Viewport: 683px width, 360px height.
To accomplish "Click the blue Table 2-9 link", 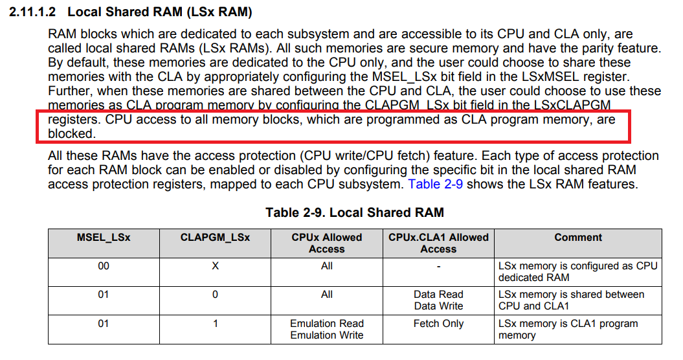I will click(x=437, y=184).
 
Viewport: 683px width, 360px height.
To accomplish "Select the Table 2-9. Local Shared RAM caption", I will click(x=354, y=212).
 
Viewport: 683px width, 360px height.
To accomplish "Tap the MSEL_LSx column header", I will click(x=104, y=238).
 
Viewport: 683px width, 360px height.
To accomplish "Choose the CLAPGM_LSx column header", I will click(x=215, y=238).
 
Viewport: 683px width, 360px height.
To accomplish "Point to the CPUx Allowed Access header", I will click(x=327, y=243).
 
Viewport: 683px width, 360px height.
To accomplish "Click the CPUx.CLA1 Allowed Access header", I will click(x=438, y=243).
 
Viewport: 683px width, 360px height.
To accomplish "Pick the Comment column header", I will click(x=578, y=238).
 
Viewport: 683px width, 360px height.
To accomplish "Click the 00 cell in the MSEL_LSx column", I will click(x=104, y=266).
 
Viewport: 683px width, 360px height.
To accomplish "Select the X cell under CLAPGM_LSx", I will click(x=215, y=266).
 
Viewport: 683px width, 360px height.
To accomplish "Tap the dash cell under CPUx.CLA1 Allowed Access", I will click(x=438, y=266).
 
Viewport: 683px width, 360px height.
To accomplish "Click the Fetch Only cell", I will click(x=438, y=324).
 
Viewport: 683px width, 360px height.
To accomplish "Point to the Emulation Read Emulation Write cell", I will click(x=327, y=329).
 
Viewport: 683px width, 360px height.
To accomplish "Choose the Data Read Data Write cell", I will click(x=438, y=300).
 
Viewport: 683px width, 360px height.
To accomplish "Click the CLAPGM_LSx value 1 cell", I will click(x=215, y=324).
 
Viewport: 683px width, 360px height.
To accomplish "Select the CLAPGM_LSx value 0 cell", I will click(x=215, y=295).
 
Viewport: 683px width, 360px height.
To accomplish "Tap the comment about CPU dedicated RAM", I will click(x=577, y=272).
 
